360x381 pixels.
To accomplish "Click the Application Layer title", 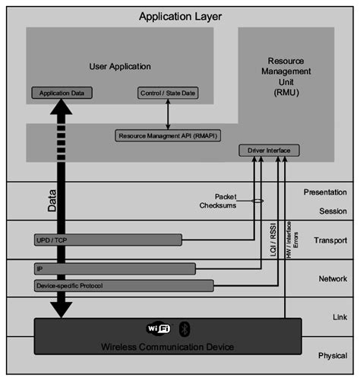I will [x=181, y=15].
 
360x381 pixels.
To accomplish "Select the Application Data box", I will [x=62, y=93].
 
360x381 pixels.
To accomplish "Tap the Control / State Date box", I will [x=167, y=93].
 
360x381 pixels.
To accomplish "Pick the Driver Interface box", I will [x=269, y=151].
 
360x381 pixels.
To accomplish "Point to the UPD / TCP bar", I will [x=107, y=240].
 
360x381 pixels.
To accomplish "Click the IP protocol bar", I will [x=114, y=268].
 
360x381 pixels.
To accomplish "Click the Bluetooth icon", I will [x=183, y=329].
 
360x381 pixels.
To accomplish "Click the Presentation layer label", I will [x=325, y=192].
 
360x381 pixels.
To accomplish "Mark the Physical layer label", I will [x=332, y=354].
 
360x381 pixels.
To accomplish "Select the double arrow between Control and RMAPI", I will [x=168, y=114].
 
